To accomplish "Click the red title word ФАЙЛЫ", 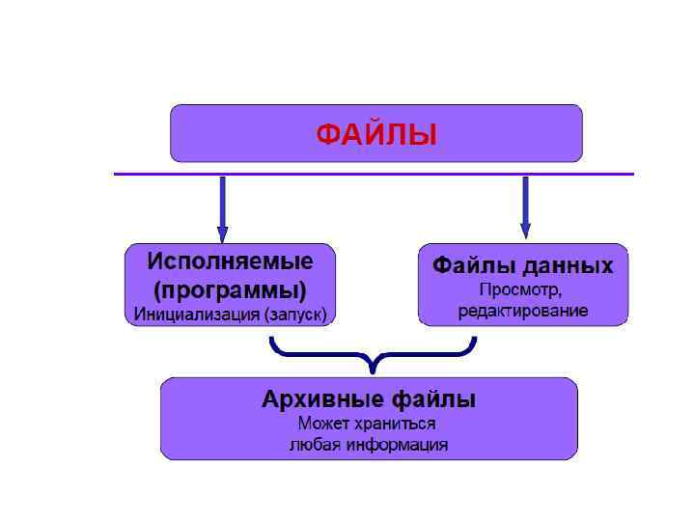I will pyautogui.click(x=376, y=134).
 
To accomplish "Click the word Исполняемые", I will pyautogui.click(x=230, y=261).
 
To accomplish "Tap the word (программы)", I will pyautogui.click(x=230, y=288).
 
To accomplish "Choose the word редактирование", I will pyautogui.click(x=522, y=311).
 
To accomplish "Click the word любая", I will pyautogui.click(x=313, y=445).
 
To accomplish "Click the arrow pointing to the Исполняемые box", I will pyautogui.click(x=223, y=207).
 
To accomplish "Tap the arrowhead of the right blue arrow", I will pyautogui.click(x=525, y=231).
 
